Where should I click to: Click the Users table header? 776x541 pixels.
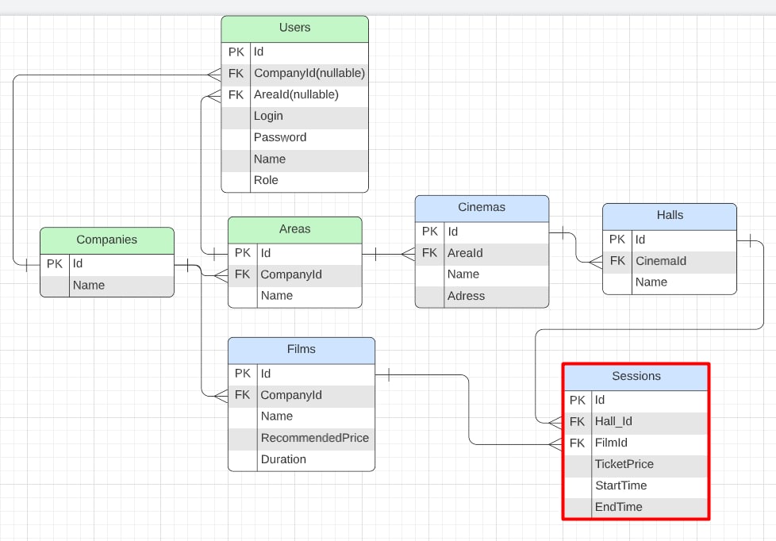tap(294, 28)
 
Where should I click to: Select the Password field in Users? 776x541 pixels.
tap(280, 137)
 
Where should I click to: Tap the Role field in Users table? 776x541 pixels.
tap(266, 180)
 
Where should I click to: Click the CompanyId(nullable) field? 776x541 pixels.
tap(309, 73)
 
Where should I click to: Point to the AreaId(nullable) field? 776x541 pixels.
tap(296, 94)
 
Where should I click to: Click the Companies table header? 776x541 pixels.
tap(106, 240)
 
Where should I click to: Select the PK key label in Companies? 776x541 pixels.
tap(55, 263)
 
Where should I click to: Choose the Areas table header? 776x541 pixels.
tap(294, 229)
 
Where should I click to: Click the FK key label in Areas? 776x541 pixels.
tap(242, 274)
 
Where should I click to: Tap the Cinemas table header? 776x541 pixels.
tap(482, 208)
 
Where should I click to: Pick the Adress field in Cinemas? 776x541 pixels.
tap(466, 296)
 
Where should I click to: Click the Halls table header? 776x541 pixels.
tap(670, 215)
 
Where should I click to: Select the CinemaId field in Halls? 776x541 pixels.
tap(661, 261)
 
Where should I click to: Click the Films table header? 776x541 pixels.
tap(301, 349)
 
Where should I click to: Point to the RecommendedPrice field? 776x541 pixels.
tap(314, 438)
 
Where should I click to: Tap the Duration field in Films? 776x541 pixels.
tap(283, 459)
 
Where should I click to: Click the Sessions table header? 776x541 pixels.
tap(636, 376)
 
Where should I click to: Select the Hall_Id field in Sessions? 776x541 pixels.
tap(613, 421)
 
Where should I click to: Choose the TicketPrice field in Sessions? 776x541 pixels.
tap(624, 464)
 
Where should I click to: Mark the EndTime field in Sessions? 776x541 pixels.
tap(619, 507)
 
